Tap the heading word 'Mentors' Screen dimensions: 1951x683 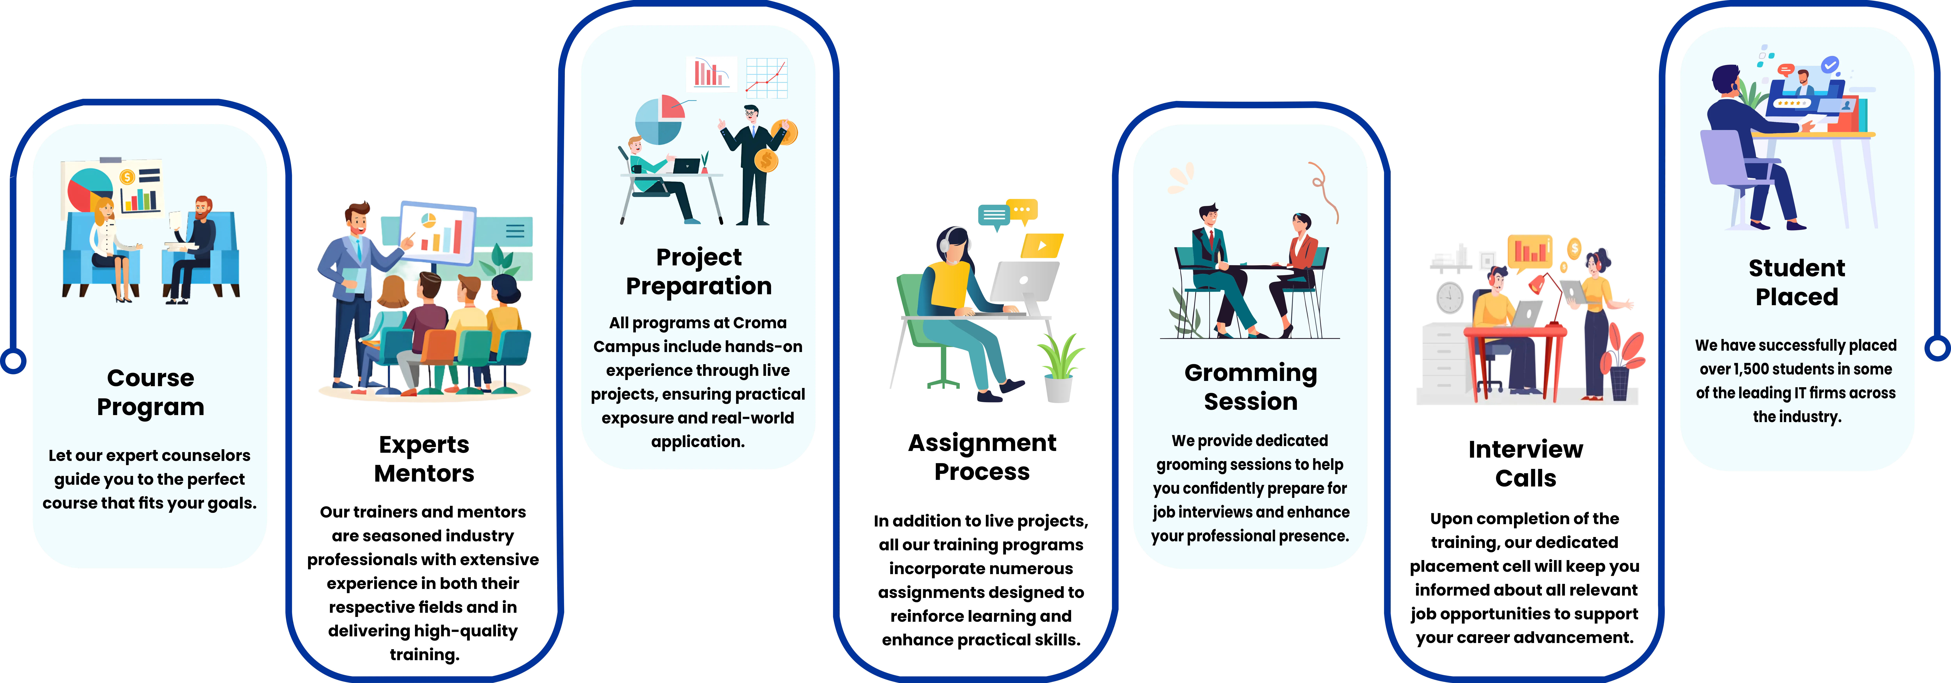pyautogui.click(x=424, y=473)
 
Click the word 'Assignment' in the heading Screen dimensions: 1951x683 pyautogui.click(x=982, y=443)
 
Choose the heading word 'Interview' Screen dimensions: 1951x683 pyautogui.click(x=1525, y=449)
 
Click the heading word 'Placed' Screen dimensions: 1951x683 pyautogui.click(x=1796, y=297)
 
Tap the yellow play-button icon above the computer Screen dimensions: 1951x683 pyautogui.click(x=1042, y=245)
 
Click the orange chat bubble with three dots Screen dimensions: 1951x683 pyautogui.click(x=1023, y=211)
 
